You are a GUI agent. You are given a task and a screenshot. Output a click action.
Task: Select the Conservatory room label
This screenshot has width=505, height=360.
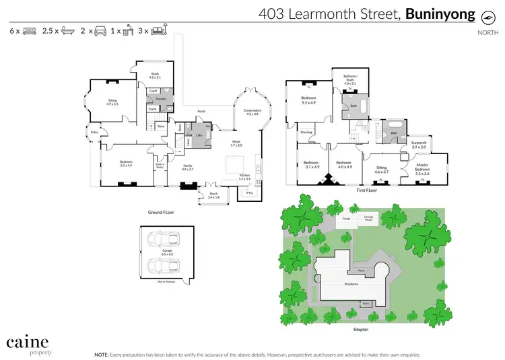(252, 111)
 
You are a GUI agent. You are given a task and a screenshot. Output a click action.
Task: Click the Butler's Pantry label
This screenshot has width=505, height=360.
(160, 166)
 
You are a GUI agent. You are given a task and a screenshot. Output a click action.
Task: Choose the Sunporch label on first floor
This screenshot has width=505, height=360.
(419, 144)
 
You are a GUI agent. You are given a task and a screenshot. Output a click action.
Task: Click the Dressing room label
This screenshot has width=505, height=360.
(306, 133)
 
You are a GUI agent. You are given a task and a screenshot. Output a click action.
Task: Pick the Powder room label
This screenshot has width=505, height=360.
(161, 99)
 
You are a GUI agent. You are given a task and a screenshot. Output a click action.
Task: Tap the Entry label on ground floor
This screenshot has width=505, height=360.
(94, 132)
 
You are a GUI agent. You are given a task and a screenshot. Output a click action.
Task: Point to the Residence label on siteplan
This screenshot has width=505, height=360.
(351, 284)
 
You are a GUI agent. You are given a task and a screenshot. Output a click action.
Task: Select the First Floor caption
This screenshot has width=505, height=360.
(366, 190)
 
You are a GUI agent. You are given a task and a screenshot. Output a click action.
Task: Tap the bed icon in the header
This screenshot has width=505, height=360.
(30, 30)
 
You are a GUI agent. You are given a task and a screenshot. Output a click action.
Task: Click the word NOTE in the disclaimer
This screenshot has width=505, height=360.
(102, 353)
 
